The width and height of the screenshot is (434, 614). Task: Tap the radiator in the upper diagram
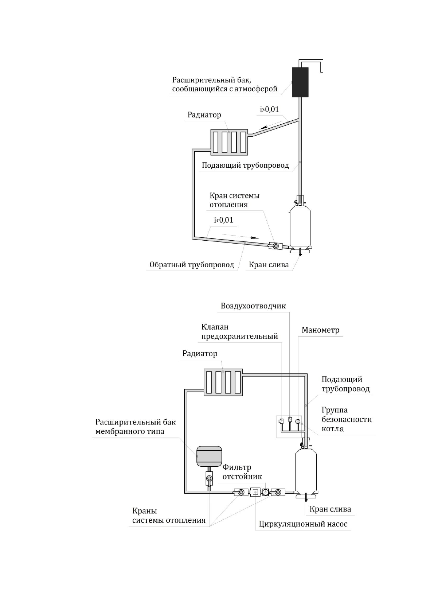coord(229,142)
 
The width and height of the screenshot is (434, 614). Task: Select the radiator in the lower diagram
coord(223,382)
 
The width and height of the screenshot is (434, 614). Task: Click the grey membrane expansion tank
coord(209,456)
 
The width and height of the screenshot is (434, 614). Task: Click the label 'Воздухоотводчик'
coord(253,306)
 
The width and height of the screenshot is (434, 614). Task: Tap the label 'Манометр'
coord(320,330)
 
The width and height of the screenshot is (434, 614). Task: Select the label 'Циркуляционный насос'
coord(303,524)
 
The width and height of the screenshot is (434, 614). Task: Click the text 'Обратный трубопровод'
coord(192,265)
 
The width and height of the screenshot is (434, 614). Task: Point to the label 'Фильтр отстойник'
coord(242,472)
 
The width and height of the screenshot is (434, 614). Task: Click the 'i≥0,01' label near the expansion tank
coord(269,109)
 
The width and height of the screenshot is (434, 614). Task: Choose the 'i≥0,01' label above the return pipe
coord(223,220)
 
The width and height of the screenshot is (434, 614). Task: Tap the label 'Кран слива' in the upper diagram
coord(269,265)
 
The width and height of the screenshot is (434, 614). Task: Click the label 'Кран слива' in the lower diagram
coord(330,509)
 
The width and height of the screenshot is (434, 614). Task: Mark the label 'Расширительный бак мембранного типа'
coord(136,427)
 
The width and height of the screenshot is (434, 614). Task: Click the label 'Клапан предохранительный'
coord(239,331)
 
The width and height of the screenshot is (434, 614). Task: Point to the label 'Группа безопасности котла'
coord(347,419)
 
